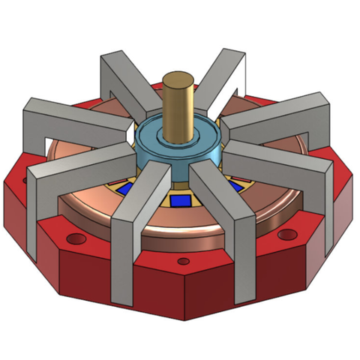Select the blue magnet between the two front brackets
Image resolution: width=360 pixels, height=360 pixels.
(x=179, y=201)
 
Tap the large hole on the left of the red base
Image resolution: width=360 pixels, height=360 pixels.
(x=74, y=239)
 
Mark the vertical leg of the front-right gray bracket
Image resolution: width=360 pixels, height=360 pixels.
(x=244, y=262)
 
